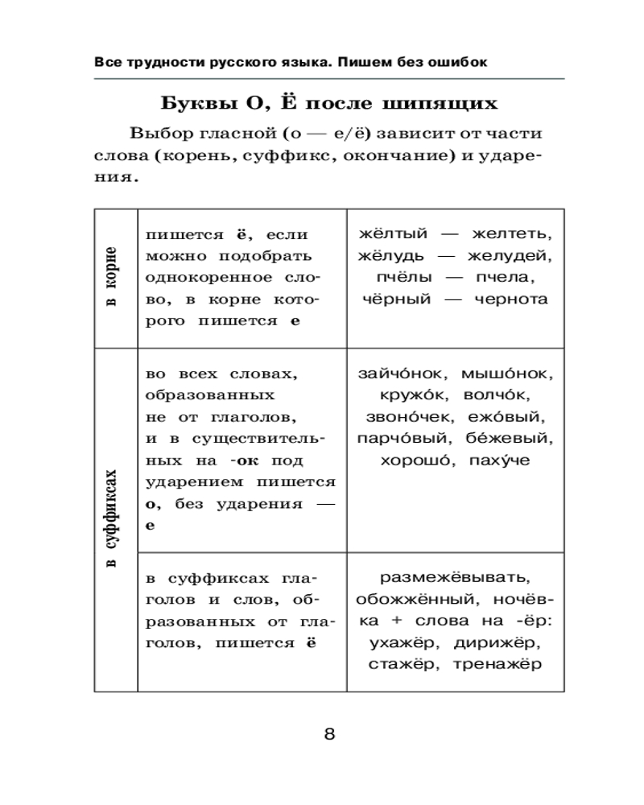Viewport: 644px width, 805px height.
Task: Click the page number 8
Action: coord(329,733)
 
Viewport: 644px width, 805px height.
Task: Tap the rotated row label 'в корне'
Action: coord(114,277)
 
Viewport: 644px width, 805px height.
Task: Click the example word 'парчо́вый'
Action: coord(394,440)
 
